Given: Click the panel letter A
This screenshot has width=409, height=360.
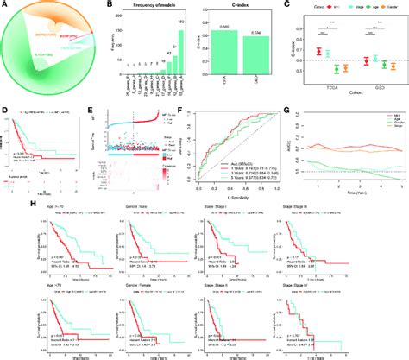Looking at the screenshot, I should coord(4,5).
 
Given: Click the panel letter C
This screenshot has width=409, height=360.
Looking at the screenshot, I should coord(286,5).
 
